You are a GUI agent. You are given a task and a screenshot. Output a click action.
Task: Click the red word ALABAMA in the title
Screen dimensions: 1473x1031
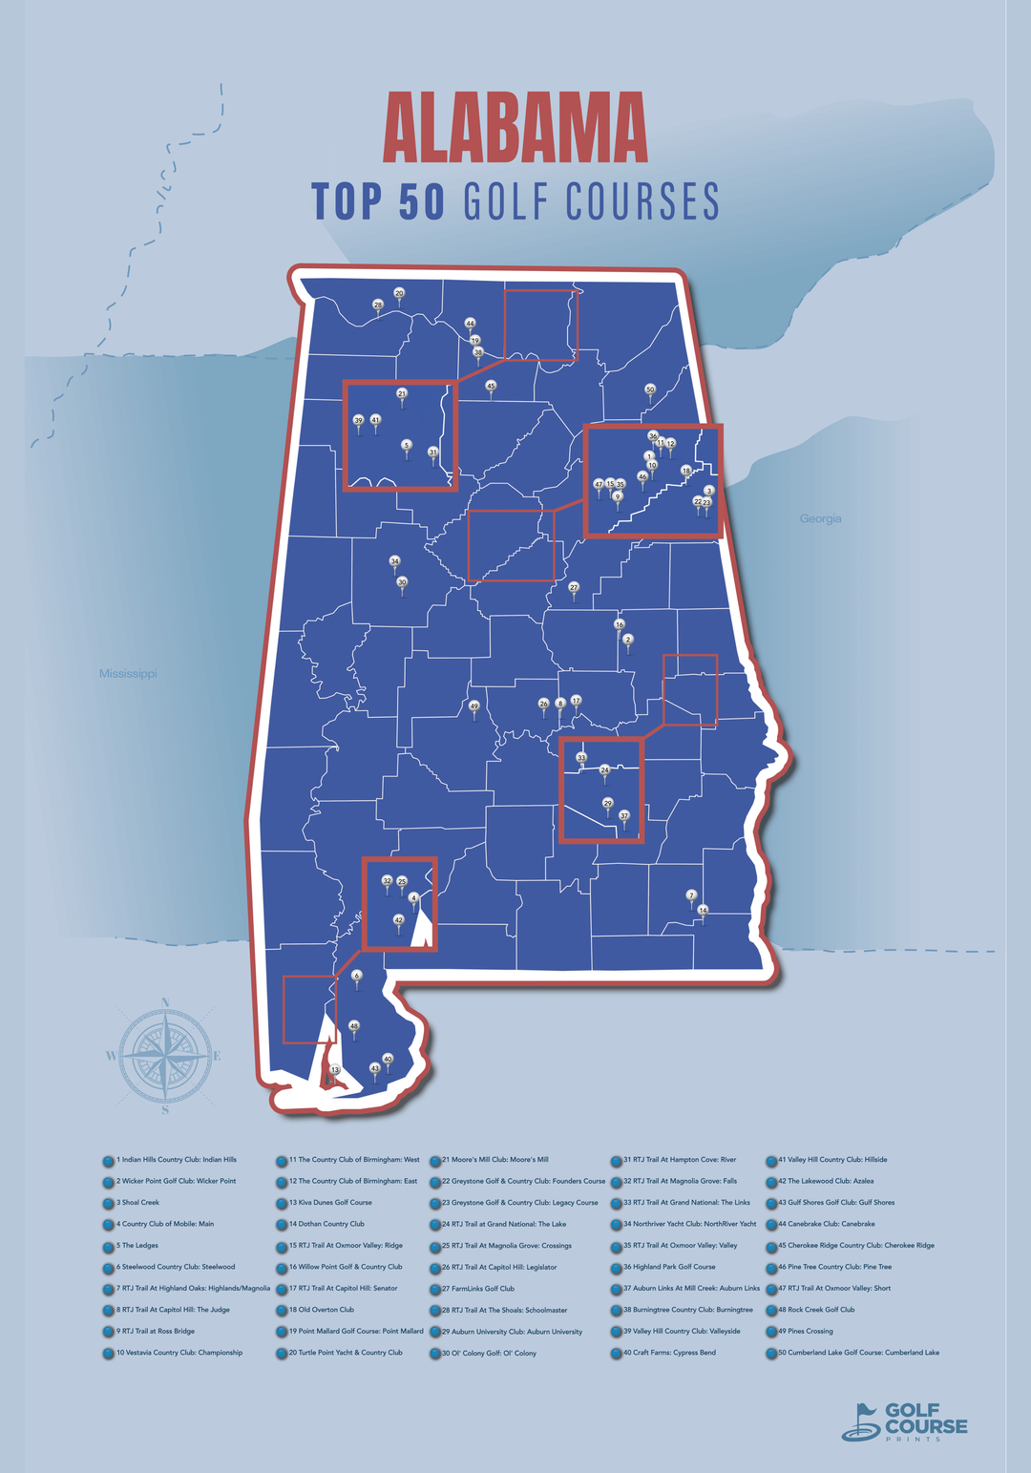point(515,129)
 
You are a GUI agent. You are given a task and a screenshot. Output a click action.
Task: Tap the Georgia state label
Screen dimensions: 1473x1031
point(820,518)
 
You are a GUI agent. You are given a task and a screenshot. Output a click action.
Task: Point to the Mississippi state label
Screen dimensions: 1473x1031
point(128,674)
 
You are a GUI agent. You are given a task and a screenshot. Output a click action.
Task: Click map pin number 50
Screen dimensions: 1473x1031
point(650,389)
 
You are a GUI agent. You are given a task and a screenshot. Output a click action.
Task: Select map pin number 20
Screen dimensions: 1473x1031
point(399,294)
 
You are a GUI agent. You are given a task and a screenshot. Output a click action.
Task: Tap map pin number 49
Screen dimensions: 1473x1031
point(473,707)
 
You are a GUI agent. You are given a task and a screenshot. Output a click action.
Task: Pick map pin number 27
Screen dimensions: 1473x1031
point(574,588)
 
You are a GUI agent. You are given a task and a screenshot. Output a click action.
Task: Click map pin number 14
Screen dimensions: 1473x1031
point(703,911)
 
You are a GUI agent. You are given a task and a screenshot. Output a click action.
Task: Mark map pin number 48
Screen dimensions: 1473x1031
point(354,1026)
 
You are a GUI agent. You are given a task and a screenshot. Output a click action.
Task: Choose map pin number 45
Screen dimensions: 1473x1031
point(491,387)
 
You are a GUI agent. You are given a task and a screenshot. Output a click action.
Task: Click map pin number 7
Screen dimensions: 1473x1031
point(691,895)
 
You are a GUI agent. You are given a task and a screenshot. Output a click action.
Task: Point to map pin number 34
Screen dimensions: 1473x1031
point(394,561)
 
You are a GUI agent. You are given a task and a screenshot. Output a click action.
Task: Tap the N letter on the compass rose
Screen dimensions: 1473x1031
point(165,1002)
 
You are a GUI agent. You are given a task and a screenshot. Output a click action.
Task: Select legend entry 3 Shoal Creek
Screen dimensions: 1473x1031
point(137,1203)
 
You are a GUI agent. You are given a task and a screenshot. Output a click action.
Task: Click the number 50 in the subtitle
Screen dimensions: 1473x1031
point(421,201)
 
